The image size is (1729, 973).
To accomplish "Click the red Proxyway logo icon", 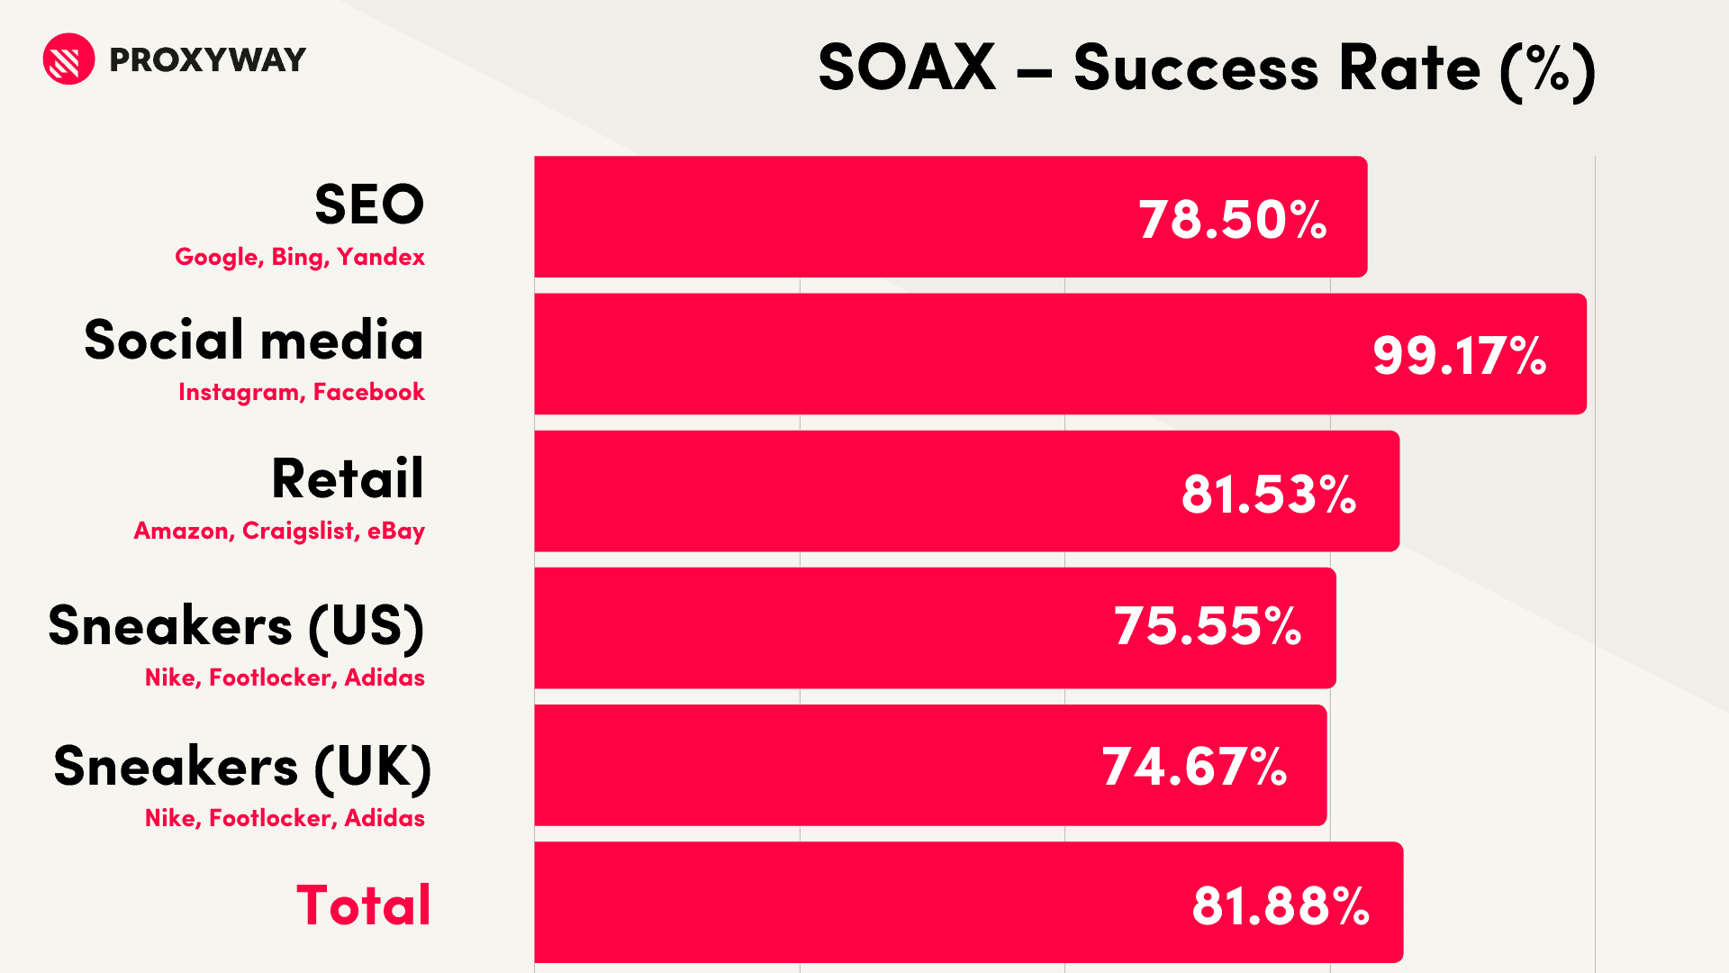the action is coord(68,59).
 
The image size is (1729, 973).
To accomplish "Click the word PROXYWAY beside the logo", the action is coord(207,60).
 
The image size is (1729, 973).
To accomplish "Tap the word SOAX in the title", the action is coord(907,68).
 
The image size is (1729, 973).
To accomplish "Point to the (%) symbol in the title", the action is coord(1548,69).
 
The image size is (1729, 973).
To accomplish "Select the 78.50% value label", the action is coord(1233,219).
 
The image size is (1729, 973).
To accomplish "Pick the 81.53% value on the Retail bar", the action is coord(1269,494).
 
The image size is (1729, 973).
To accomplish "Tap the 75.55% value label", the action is coord(1208,626).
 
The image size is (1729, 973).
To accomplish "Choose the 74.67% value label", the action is coord(1195,767).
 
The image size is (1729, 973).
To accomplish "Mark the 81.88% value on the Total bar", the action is coord(1281,905).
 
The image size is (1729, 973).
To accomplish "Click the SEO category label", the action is coord(369,205).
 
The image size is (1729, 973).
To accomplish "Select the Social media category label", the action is coord(254,340).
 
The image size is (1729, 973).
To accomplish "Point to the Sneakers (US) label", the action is coord(237,627).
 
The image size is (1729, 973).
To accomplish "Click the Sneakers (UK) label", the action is coord(243,768).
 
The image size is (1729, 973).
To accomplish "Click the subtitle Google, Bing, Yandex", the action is coord(300,257).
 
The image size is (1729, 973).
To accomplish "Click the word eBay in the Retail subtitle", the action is coord(396,531).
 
